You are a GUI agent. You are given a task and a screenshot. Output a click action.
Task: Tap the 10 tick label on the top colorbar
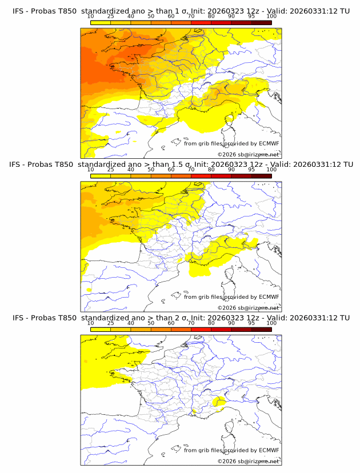pyautogui.click(x=90, y=17)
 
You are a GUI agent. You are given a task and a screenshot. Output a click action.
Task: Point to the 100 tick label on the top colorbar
pyautogui.click(x=271, y=17)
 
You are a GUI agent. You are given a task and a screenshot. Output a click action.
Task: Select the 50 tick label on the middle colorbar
pyautogui.click(x=151, y=170)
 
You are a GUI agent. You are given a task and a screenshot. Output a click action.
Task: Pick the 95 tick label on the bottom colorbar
pyautogui.click(x=251, y=323)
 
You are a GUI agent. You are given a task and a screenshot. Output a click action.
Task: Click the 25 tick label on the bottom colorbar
pyautogui.click(x=110, y=323)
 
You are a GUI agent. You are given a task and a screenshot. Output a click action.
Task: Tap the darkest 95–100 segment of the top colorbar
pyautogui.click(x=261, y=22)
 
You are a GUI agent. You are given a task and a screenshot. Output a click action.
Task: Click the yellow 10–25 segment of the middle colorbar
pyautogui.click(x=101, y=176)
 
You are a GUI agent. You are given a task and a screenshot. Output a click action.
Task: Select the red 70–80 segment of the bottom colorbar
pyautogui.click(x=201, y=329)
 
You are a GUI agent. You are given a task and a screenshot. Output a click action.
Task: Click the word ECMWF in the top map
pyautogui.click(x=269, y=144)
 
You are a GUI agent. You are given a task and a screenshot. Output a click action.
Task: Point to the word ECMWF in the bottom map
pyautogui.click(x=269, y=450)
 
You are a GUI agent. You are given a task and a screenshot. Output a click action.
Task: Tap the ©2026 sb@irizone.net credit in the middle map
pyautogui.click(x=249, y=308)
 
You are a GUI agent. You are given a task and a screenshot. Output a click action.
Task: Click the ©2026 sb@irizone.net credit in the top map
pyautogui.click(x=249, y=155)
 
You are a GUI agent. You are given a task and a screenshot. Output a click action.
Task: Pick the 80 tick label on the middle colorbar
pyautogui.click(x=211, y=170)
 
